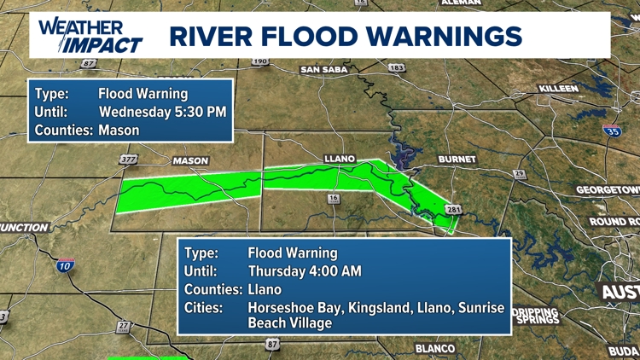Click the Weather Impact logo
90,35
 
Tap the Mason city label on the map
189,160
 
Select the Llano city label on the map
339,159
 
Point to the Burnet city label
457,160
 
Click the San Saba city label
324,70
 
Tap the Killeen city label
558,89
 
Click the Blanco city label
435,348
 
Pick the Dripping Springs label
536,316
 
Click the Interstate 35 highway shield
612,131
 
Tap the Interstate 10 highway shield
64,266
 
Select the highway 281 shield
453,210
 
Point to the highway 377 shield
129,160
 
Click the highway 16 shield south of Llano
333,199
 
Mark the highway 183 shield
396,67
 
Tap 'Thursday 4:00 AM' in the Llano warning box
304,271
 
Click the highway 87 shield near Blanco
272,344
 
